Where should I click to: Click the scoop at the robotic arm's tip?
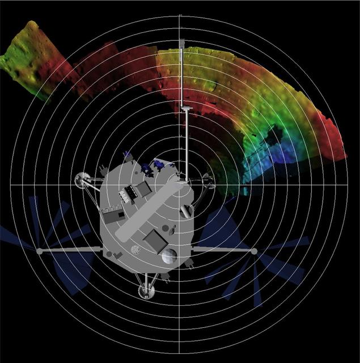[181, 44]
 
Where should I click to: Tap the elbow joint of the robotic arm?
[185, 106]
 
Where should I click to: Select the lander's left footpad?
[81, 179]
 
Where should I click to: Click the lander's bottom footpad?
[147, 292]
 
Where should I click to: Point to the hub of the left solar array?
[39, 250]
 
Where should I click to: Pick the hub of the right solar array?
[254, 251]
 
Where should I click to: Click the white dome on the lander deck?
[168, 256]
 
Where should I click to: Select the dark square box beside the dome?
[154, 240]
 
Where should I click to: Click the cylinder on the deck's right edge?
[186, 212]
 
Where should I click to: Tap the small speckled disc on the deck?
[135, 249]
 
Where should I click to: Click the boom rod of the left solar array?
[68, 250]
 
